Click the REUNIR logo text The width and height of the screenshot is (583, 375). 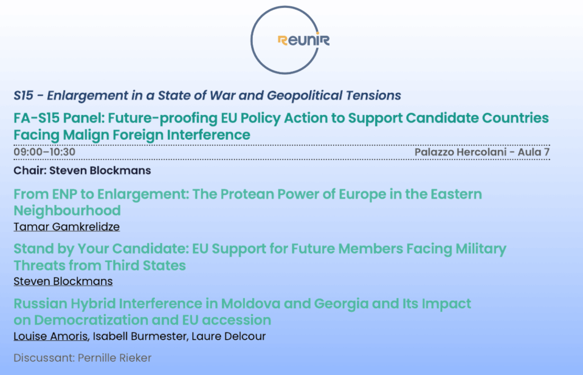[303, 40]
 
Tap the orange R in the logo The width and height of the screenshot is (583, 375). [282, 40]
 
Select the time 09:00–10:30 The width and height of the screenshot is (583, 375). [44, 152]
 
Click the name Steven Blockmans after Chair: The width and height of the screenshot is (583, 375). [100, 170]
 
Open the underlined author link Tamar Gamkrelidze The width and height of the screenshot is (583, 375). [67, 227]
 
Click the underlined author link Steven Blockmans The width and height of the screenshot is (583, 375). [63, 282]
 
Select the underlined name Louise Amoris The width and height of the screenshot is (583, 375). [51, 336]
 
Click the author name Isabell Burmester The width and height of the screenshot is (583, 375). [139, 336]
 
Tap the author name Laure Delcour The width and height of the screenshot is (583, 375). [229, 336]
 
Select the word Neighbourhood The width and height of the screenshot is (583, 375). [67, 211]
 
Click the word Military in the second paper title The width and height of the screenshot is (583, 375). [481, 249]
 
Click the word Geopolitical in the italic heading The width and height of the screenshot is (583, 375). [304, 96]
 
